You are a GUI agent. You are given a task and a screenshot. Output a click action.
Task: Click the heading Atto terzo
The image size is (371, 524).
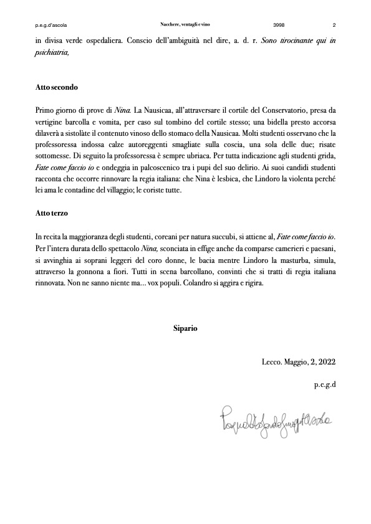pyautogui.click(x=52, y=213)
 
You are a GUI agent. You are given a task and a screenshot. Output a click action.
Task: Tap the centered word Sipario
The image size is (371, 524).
pyautogui.click(x=185, y=328)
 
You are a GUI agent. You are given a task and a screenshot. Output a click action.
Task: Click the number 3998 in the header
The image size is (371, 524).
pyautogui.click(x=279, y=25)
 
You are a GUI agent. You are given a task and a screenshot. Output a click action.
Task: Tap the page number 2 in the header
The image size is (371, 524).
pyautogui.click(x=334, y=25)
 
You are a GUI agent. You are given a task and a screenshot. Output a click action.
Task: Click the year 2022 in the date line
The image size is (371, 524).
pyautogui.click(x=326, y=362)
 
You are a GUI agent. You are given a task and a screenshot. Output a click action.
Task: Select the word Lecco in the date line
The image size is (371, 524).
pyautogui.click(x=272, y=362)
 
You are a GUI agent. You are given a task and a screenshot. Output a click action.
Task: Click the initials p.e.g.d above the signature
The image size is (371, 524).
pyautogui.click(x=325, y=384)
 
